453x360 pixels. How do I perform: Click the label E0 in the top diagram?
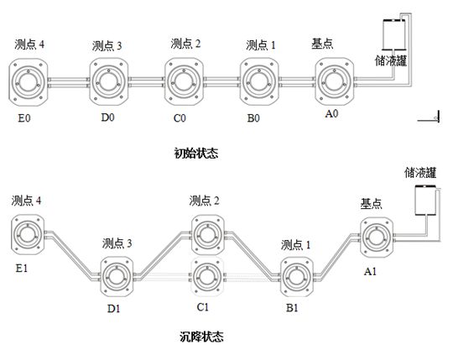pos(24,117)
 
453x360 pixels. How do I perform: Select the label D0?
pos(107,117)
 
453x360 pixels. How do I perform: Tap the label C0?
pos(180,117)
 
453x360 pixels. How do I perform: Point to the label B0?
pos(253,117)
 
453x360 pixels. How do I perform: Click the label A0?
pos(331,113)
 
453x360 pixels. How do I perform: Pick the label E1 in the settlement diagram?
pos(21,269)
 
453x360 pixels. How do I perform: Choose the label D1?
pos(113,309)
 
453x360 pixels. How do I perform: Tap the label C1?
pos(202,306)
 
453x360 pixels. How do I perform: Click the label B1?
pos(292,308)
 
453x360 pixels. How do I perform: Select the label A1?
pos(370,271)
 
